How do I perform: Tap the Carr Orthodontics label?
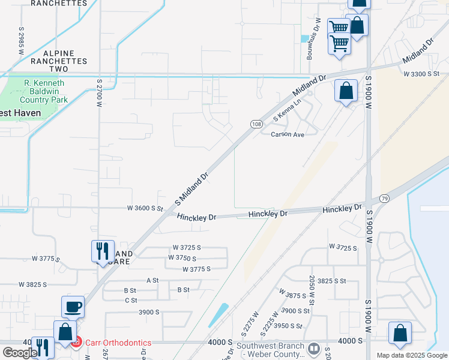coord(117,343)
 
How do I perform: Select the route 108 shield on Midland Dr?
coord(256,124)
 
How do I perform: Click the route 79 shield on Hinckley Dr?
coord(385,198)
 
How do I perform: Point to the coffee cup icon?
coord(73,307)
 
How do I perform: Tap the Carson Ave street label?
coord(288,134)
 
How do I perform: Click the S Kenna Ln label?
coord(286,110)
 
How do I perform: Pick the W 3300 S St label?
coord(422,74)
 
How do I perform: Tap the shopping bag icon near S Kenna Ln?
coord(346,91)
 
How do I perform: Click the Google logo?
coord(20,352)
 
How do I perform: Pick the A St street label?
coord(152,280)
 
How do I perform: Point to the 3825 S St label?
coord(332,281)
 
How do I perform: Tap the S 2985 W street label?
coord(21,41)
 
